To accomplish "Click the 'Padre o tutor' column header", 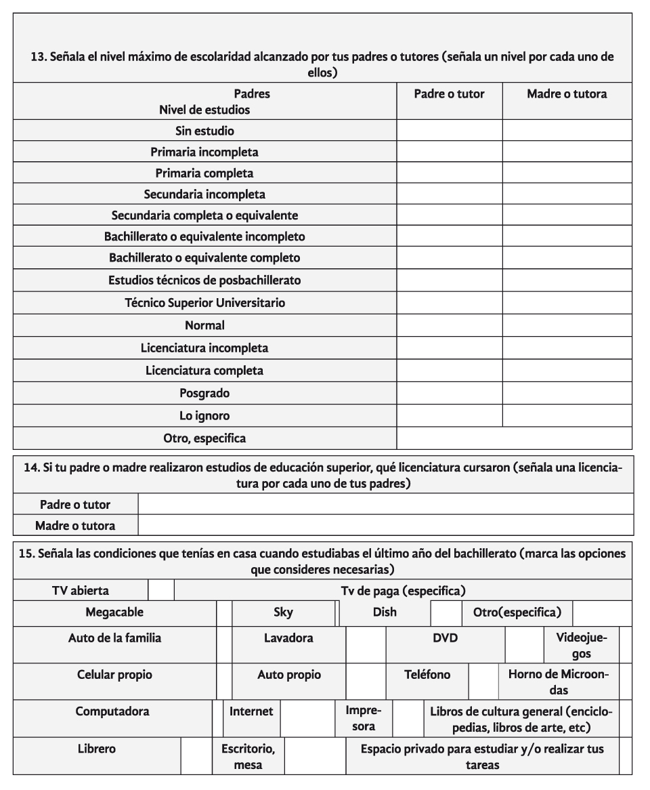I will [x=449, y=94].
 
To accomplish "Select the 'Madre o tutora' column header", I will [x=567, y=94].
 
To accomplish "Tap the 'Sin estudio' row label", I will [x=204, y=131].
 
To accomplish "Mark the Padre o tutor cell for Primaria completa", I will [x=449, y=173].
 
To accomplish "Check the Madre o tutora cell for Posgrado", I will [x=567, y=393].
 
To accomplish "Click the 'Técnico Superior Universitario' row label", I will [x=204, y=303].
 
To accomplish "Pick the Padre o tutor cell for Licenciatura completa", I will [x=449, y=371].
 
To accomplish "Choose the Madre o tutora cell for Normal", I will [x=567, y=326].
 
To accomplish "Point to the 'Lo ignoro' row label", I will [x=204, y=415].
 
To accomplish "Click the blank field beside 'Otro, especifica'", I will [x=514, y=438].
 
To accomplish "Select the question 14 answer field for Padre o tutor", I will [x=385, y=504].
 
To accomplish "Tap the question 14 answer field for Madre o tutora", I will [x=385, y=525].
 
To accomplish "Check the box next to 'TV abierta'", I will [x=161, y=590].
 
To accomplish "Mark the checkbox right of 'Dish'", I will [x=446, y=612].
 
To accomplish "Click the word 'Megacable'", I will [x=114, y=612].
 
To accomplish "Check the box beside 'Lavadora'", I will [x=366, y=645].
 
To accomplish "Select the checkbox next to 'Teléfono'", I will [x=483, y=682].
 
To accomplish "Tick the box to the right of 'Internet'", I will [x=307, y=719].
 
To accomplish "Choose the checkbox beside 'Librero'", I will [x=196, y=756].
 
